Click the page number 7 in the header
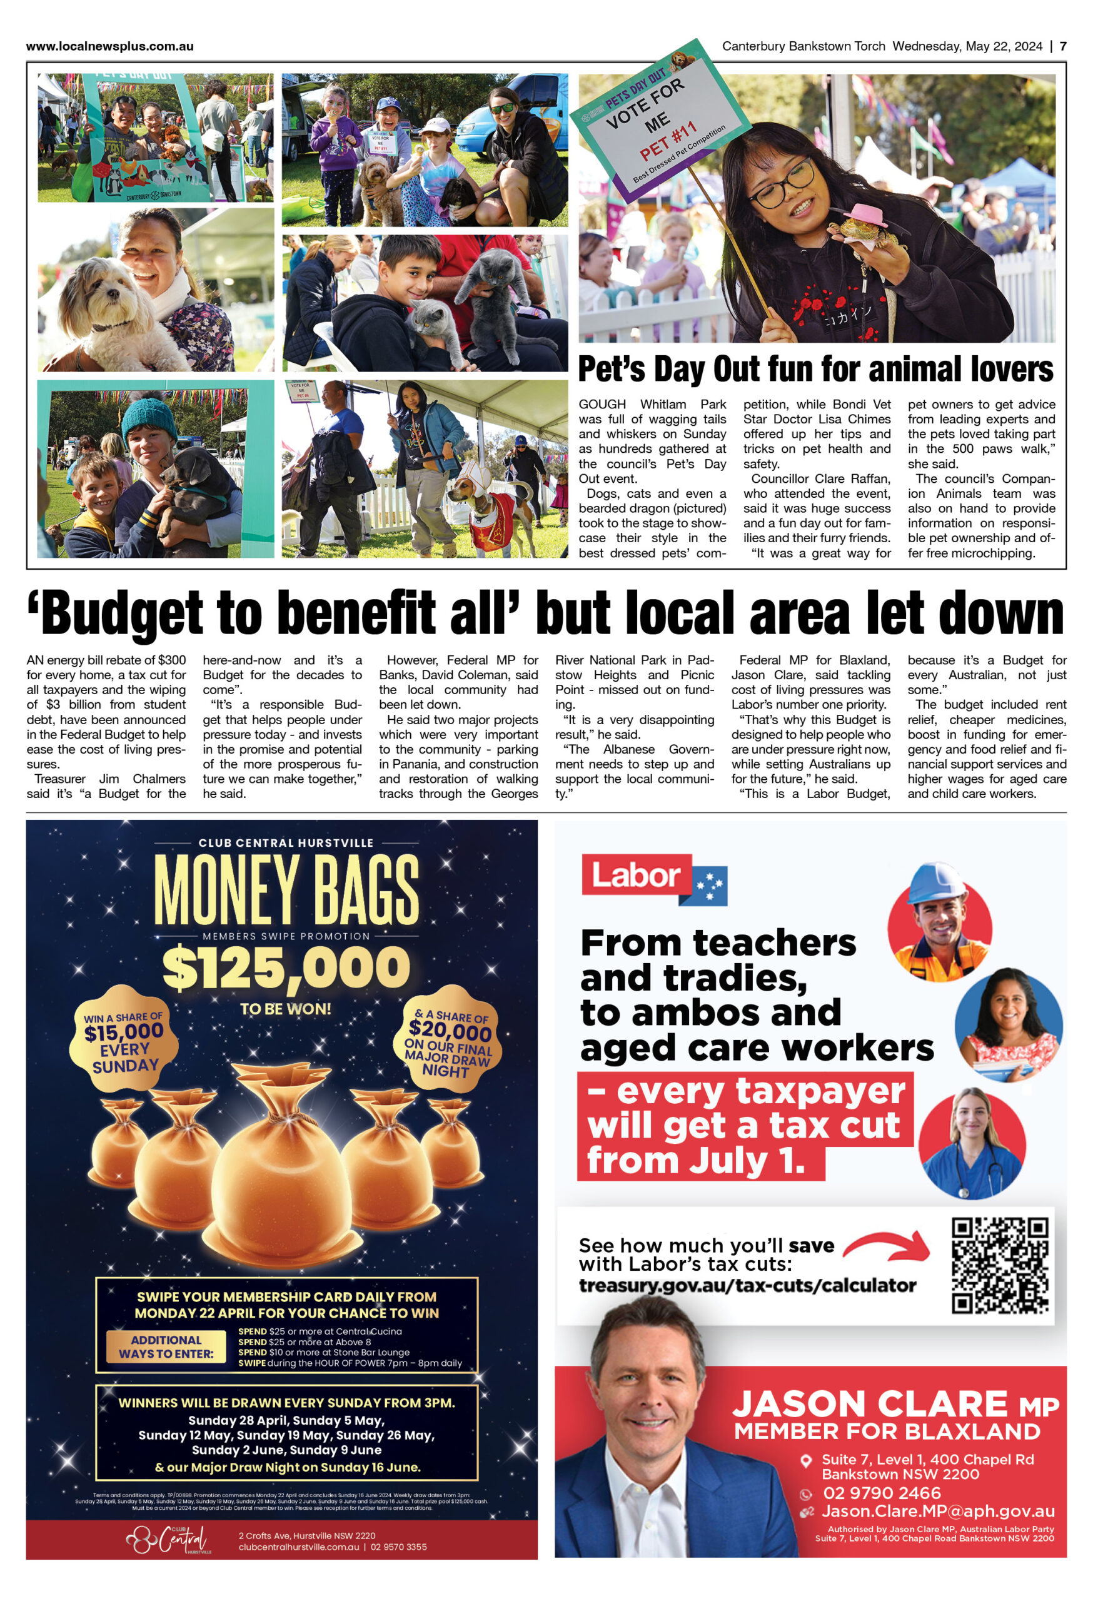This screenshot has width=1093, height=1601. (1063, 46)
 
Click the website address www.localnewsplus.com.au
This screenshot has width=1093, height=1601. (109, 46)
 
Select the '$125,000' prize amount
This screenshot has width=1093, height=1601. (286, 968)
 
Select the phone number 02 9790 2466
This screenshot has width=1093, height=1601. (882, 1493)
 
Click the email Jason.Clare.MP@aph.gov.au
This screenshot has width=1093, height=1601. (938, 1512)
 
